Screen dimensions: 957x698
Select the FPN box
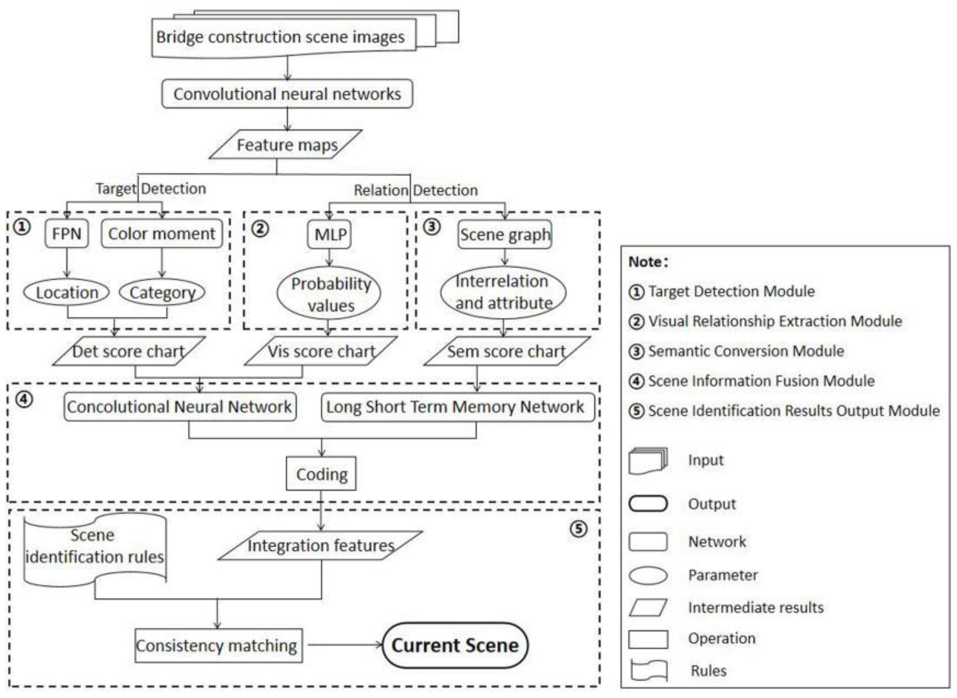point(67,233)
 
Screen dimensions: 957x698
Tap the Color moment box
point(162,233)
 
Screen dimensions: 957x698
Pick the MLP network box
point(330,234)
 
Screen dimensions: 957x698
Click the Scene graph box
point(505,234)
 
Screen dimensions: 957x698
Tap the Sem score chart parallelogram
point(507,351)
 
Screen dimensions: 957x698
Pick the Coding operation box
point(321,474)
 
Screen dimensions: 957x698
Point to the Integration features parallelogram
point(320,545)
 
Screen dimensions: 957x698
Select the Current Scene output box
point(455,645)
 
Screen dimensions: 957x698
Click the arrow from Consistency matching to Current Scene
point(345,645)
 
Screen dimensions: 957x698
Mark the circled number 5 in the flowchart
point(579,528)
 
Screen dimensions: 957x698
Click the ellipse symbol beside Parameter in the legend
point(648,575)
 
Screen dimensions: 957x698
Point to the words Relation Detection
point(416,190)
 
